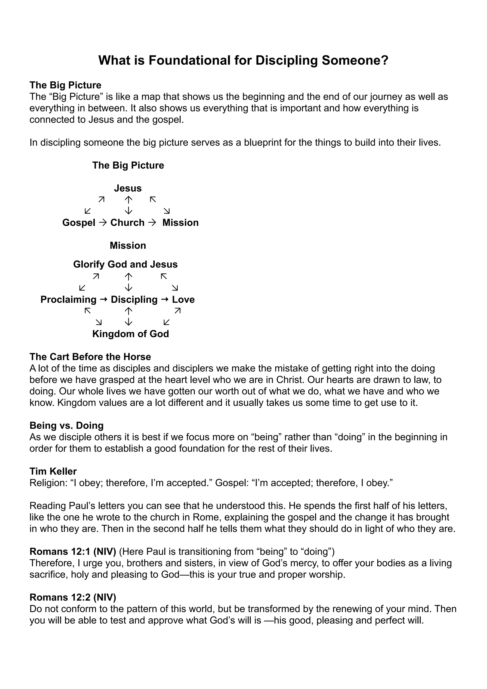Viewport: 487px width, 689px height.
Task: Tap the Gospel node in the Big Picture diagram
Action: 79,223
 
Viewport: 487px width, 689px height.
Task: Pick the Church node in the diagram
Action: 127,223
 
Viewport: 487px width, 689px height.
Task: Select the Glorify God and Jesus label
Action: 125,264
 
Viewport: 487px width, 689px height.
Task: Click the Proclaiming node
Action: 68,300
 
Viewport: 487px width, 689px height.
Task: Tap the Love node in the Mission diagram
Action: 183,300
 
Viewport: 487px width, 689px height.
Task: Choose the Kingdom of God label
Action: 131,334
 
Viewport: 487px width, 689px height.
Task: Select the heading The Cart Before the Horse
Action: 90,357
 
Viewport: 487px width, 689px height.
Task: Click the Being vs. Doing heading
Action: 66,426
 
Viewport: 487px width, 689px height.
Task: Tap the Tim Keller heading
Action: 53,471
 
